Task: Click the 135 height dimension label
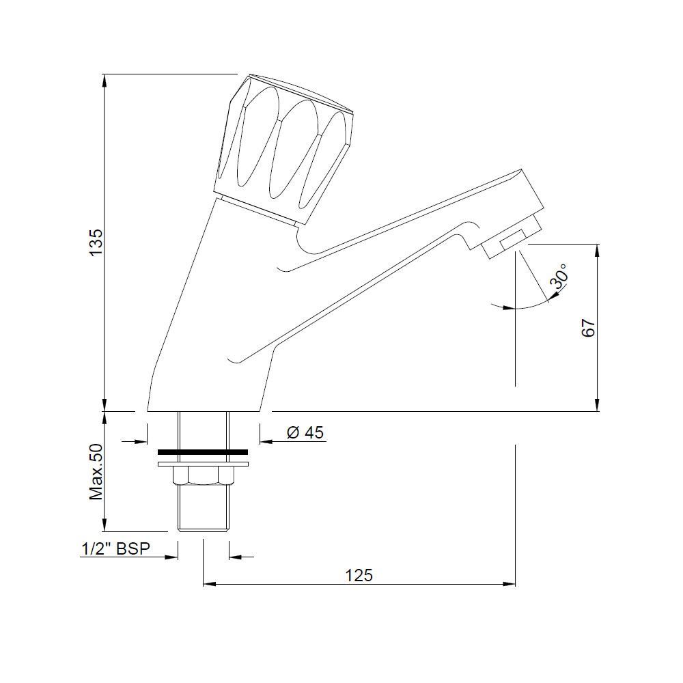tap(96, 242)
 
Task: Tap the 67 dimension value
tap(588, 328)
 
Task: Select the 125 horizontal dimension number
tap(359, 575)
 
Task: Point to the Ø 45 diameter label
tap(305, 432)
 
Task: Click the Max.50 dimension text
tap(96, 472)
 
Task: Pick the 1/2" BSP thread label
tap(115, 548)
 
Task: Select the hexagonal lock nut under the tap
tap(203, 475)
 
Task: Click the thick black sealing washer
tap(203, 452)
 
